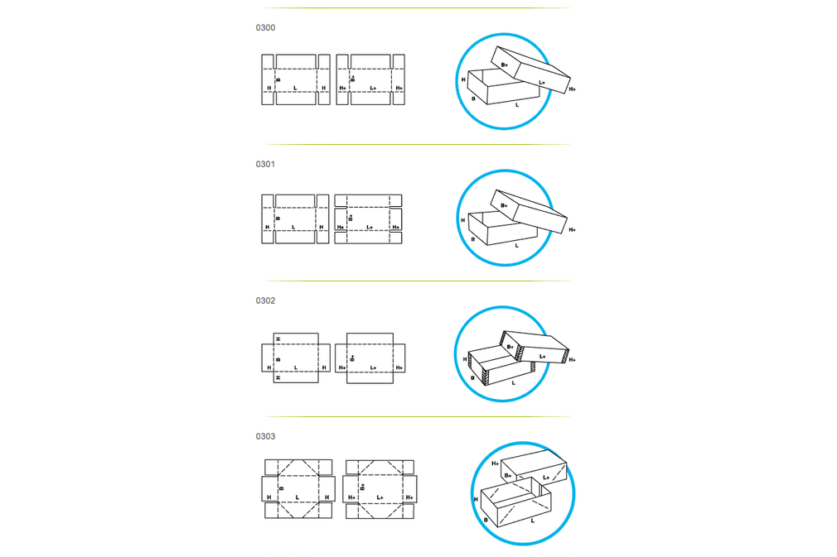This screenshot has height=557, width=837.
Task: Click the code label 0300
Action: [265, 27]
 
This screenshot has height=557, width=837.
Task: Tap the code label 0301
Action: [265, 164]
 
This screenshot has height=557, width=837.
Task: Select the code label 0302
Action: [265, 300]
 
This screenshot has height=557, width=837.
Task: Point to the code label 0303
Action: [265, 436]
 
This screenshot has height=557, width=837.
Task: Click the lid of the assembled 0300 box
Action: [530, 70]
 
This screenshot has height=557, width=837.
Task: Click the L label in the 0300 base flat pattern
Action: [295, 88]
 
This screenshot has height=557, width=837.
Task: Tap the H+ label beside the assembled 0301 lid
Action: [573, 230]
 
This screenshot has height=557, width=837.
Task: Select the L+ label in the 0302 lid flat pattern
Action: [373, 367]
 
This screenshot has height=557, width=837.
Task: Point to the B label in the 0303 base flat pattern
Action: [281, 488]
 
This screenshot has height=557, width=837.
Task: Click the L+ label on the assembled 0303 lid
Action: [546, 478]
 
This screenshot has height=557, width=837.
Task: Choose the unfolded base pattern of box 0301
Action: [295, 219]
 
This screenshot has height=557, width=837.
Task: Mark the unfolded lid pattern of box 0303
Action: [380, 489]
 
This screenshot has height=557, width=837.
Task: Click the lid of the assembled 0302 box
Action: [535, 347]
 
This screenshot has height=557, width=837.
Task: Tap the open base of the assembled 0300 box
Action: [503, 87]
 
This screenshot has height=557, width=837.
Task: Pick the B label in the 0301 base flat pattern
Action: [278, 218]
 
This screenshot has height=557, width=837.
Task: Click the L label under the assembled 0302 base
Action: [514, 382]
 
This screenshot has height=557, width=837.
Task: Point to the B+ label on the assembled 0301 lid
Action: [504, 206]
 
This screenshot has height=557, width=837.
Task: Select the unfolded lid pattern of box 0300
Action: [370, 79]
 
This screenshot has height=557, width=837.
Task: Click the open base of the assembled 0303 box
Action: [515, 502]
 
